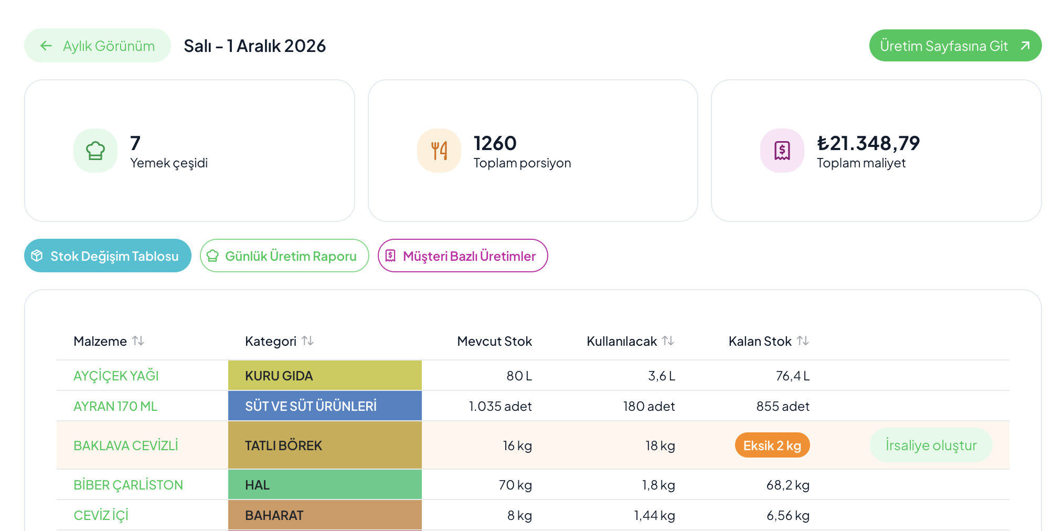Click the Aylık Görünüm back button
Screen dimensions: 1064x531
98,46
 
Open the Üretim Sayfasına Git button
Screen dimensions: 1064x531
955,46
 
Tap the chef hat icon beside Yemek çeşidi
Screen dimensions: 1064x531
95,151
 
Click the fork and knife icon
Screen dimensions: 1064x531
439,151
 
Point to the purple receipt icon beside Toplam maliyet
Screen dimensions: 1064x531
782,151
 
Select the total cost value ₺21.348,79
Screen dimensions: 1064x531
868,143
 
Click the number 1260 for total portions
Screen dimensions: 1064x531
495,143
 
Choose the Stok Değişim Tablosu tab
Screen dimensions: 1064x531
108,256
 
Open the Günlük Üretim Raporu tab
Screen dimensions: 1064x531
284,256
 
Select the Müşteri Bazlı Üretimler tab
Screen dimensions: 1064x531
463,256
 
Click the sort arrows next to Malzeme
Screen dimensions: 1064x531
139,341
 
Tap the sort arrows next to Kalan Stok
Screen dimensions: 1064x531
803,341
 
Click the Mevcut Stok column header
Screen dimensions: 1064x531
494,341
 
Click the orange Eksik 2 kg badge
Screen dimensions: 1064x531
772,445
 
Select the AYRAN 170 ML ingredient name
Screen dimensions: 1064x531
115,406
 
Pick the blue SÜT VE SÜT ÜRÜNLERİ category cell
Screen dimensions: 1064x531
325,406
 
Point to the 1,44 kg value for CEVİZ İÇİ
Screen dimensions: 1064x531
654,515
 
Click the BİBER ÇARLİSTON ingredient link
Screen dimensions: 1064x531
128,485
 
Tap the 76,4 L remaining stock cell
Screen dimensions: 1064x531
793,376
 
